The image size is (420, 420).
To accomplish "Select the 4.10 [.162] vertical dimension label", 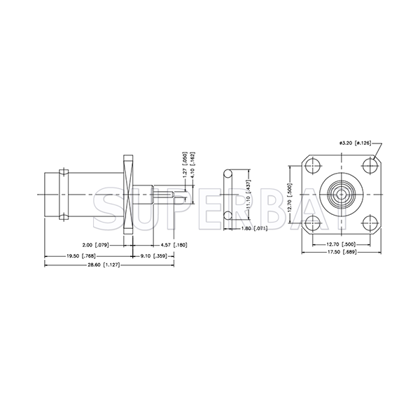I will coord(194,163).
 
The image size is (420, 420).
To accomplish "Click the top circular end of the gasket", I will coord(227,173).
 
